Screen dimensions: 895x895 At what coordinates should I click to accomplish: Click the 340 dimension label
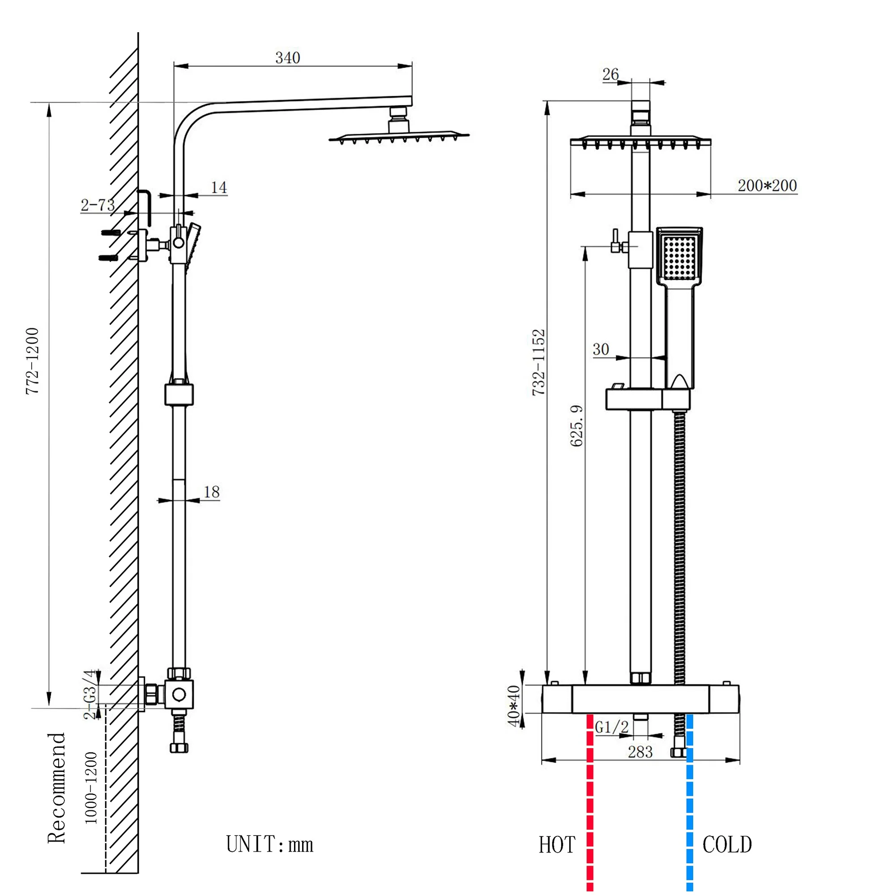coord(287,58)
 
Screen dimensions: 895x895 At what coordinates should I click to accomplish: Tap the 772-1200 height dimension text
coord(32,361)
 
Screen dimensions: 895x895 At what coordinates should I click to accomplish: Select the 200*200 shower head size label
coord(767,186)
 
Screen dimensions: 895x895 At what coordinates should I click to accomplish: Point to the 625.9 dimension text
coord(576,426)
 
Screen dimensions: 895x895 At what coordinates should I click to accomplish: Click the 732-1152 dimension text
coord(538,362)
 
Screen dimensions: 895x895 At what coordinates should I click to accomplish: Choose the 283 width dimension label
coord(640,752)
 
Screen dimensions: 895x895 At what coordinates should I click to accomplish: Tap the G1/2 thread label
coord(611,727)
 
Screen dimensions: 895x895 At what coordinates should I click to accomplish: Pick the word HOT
coord(557,845)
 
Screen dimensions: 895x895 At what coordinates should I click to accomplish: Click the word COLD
coord(727,844)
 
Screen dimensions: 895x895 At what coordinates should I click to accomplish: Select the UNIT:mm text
coord(269,844)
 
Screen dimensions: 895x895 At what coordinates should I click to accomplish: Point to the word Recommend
coord(57,788)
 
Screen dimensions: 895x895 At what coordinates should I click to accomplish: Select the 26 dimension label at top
coord(610,74)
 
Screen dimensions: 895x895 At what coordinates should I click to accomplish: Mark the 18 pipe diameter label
coord(211,492)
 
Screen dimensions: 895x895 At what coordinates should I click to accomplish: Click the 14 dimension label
coord(219,188)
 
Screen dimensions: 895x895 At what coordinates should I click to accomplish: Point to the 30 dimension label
coord(601,349)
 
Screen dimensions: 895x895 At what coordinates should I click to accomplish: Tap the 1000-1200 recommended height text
coord(91,788)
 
